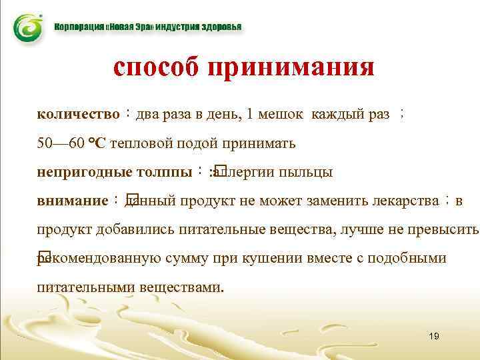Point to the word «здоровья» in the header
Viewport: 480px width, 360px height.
tap(222, 28)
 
